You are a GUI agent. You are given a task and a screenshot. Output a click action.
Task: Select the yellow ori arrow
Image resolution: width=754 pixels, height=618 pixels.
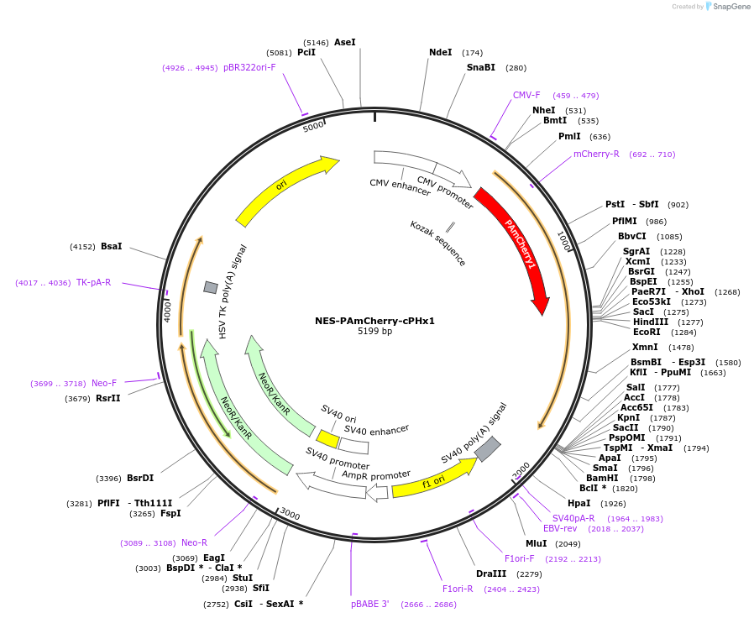pos(285,191)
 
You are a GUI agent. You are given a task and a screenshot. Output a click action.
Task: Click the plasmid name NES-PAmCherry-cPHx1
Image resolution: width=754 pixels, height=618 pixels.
pos(374,321)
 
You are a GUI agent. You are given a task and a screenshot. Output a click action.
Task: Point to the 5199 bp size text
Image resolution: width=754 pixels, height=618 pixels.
pos(374,332)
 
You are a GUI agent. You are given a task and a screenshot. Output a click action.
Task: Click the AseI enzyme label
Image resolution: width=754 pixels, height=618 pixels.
pos(344,42)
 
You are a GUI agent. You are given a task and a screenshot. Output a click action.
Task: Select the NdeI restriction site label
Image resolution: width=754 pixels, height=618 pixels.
pos(440,52)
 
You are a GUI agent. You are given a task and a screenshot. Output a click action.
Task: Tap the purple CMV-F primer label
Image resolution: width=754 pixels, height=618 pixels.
pos(526,95)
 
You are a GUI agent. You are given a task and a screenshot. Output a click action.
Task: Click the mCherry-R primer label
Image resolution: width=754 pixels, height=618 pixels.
pos(596,154)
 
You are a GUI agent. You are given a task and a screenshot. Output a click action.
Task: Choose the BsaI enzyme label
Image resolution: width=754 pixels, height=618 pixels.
pos(111,246)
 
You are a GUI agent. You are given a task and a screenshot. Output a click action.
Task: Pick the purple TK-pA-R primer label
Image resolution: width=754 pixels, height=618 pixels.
pos(93,282)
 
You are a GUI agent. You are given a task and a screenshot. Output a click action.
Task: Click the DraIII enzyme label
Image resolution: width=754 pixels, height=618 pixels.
pos(490,574)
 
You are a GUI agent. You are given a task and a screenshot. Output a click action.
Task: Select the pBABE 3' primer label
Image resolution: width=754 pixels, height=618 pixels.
pos(370,604)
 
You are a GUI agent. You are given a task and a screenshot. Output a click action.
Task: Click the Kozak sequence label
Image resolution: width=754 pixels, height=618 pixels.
pos(437,243)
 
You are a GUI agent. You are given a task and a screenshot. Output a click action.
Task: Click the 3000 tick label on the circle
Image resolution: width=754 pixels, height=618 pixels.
pos(290,513)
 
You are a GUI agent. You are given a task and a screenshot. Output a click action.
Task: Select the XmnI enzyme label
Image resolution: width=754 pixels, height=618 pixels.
pos(645,347)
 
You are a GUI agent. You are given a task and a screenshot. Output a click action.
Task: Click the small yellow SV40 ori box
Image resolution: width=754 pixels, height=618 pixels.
pos(327,439)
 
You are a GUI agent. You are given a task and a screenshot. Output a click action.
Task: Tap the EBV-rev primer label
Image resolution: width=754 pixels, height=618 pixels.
pos(559,528)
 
